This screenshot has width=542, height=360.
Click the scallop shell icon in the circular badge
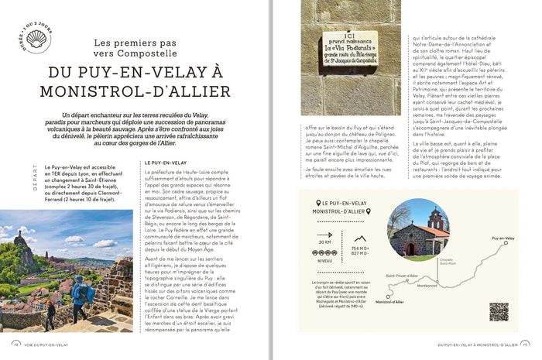(37, 39)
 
